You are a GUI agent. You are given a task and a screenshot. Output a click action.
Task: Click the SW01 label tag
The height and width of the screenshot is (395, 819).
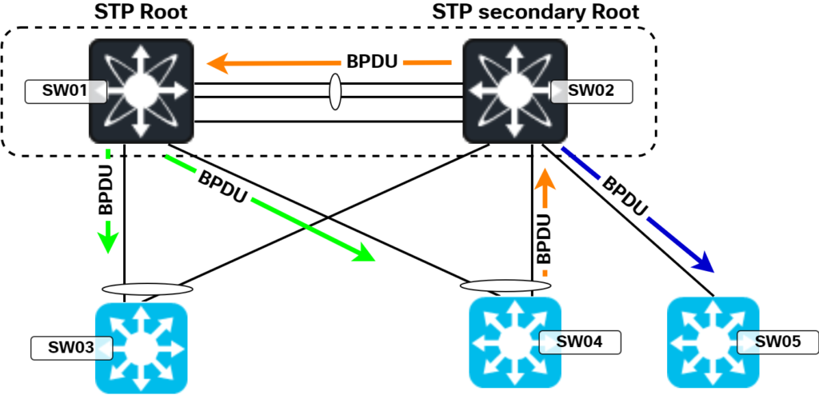66,92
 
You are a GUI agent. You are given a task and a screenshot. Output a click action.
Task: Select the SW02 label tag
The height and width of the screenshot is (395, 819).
592,91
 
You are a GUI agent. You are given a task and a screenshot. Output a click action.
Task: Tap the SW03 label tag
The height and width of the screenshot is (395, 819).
71,348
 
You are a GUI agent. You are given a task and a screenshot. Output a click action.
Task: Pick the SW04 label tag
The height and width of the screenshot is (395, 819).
580,342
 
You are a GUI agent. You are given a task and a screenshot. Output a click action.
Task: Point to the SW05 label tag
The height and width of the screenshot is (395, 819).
777,342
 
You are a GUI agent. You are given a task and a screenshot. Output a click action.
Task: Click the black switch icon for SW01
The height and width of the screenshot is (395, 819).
141,91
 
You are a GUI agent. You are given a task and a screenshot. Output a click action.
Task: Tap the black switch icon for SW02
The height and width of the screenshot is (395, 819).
516,91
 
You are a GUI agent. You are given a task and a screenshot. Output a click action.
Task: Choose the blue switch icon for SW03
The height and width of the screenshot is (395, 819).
141,349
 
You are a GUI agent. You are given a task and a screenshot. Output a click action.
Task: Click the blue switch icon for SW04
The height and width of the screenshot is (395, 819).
515,343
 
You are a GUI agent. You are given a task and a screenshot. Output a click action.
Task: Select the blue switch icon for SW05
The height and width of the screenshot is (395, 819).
713,343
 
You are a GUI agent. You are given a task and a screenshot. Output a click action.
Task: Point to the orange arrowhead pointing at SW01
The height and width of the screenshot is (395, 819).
218,64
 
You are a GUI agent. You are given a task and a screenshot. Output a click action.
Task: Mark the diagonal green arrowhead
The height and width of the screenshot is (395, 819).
364,253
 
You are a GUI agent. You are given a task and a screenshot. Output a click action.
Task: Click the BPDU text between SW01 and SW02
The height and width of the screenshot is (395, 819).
372,62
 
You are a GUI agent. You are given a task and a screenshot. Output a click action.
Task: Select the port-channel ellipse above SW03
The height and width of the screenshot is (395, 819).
147,289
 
